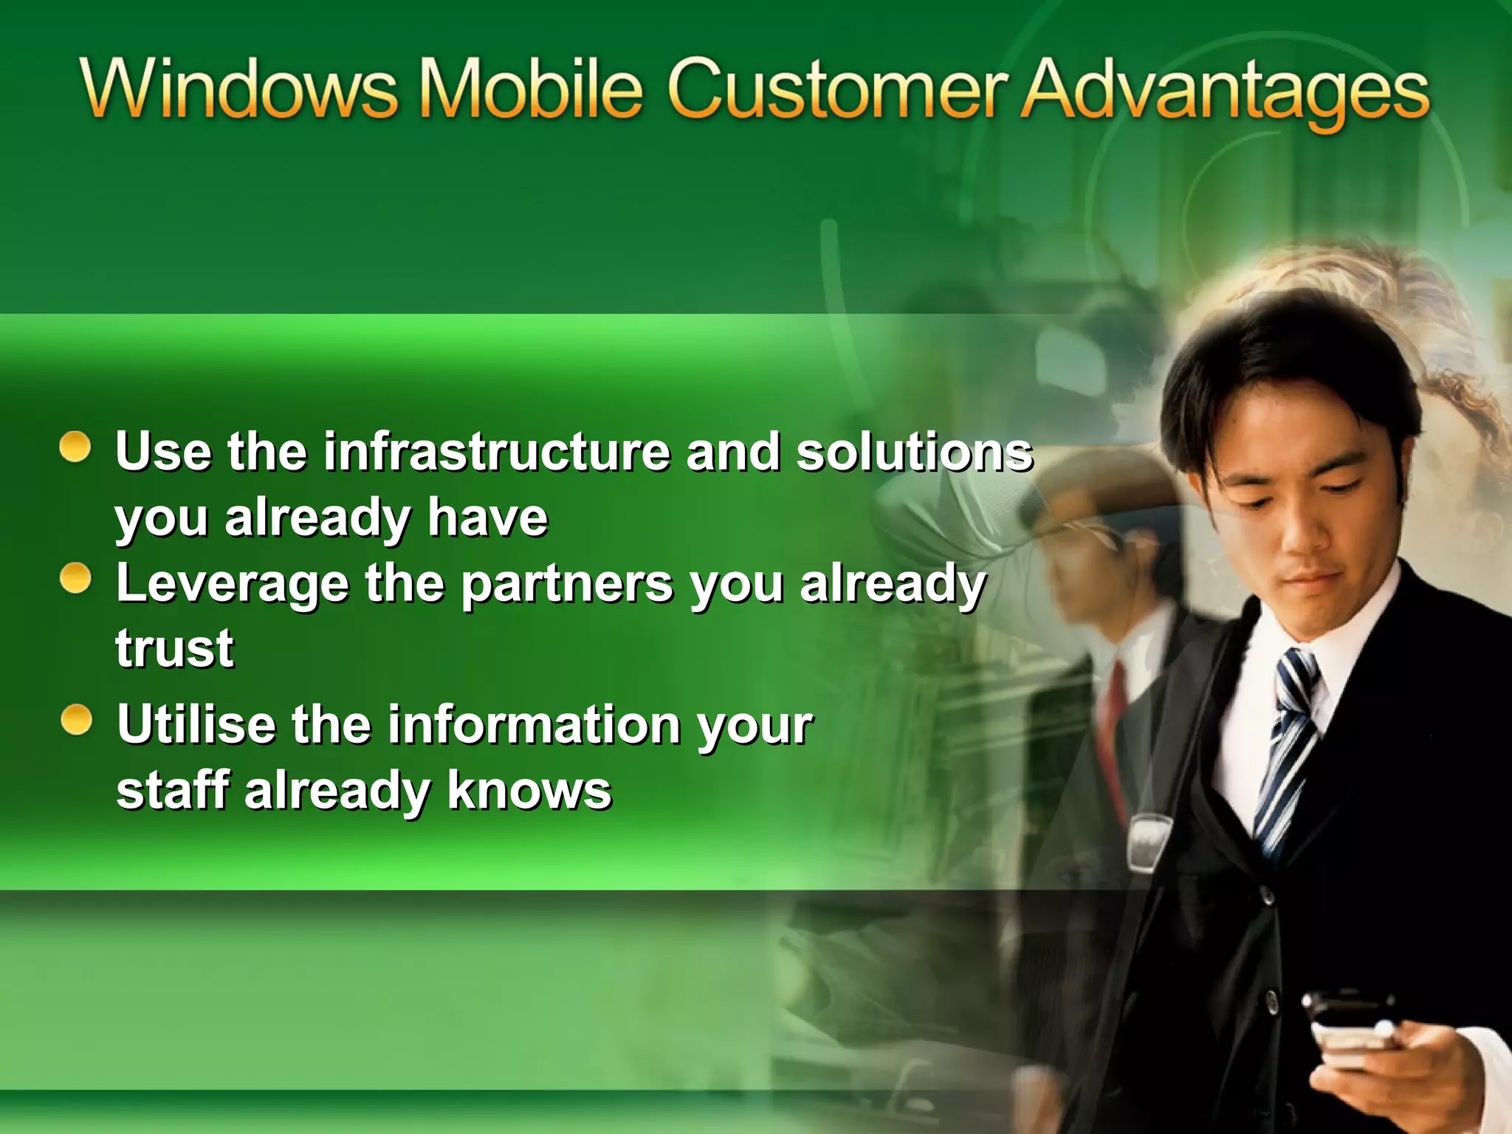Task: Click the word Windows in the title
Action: (238, 89)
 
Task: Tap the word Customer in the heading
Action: (838, 89)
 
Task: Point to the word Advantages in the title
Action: (1226, 92)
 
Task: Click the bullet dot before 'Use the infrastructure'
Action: (75, 447)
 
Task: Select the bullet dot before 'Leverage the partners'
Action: (75, 579)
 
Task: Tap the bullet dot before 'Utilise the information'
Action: (76, 720)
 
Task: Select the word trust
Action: (174, 648)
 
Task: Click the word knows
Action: (529, 790)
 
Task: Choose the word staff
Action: (173, 790)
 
